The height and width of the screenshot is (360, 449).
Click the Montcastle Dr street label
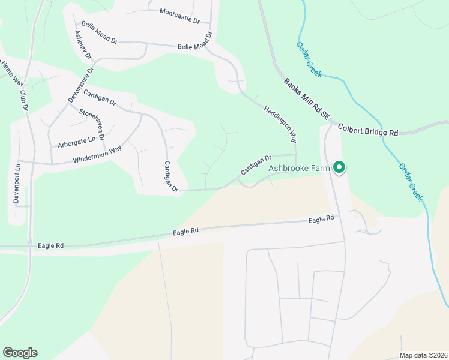click(x=179, y=16)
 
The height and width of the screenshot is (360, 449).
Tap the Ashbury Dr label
click(x=82, y=44)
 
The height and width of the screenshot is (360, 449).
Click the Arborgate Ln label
click(x=76, y=142)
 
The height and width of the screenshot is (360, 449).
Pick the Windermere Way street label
click(x=97, y=154)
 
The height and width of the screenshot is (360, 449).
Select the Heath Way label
click(x=11, y=71)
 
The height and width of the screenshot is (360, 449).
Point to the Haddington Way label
click(x=280, y=124)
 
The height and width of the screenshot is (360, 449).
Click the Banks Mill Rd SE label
click(x=307, y=98)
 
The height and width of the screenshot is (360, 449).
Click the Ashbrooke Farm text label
click(x=298, y=169)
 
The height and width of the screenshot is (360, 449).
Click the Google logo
click(x=20, y=353)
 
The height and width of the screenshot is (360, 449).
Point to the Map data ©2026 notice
click(x=423, y=355)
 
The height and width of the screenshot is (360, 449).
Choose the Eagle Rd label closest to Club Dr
click(x=50, y=245)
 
